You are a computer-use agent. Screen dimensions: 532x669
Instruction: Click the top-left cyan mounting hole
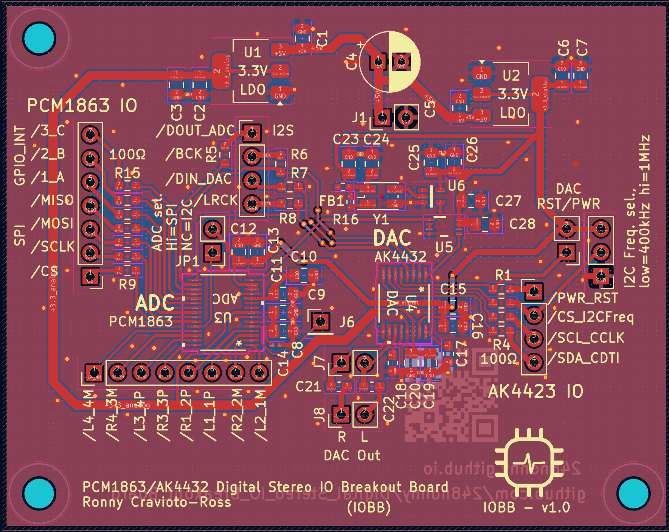(x=39, y=38)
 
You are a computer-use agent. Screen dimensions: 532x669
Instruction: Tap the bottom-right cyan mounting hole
(x=633, y=493)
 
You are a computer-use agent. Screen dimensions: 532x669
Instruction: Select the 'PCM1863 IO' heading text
(x=82, y=106)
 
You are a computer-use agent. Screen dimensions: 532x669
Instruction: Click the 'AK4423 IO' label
(x=536, y=391)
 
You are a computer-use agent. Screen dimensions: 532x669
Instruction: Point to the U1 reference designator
(x=252, y=52)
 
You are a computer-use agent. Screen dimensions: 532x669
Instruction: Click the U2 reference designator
(x=511, y=76)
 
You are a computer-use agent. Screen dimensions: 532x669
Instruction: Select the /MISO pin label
(x=52, y=200)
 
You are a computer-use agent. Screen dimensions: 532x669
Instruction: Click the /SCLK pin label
(x=53, y=247)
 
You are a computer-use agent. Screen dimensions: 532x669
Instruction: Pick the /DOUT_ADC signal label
(x=195, y=131)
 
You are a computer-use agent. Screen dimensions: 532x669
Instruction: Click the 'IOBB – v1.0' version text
(x=526, y=507)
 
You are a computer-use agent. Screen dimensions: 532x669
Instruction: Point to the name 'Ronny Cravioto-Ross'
(x=157, y=503)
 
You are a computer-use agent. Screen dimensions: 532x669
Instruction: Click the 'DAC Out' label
(x=352, y=455)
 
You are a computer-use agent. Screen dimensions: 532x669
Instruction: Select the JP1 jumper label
(x=188, y=261)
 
